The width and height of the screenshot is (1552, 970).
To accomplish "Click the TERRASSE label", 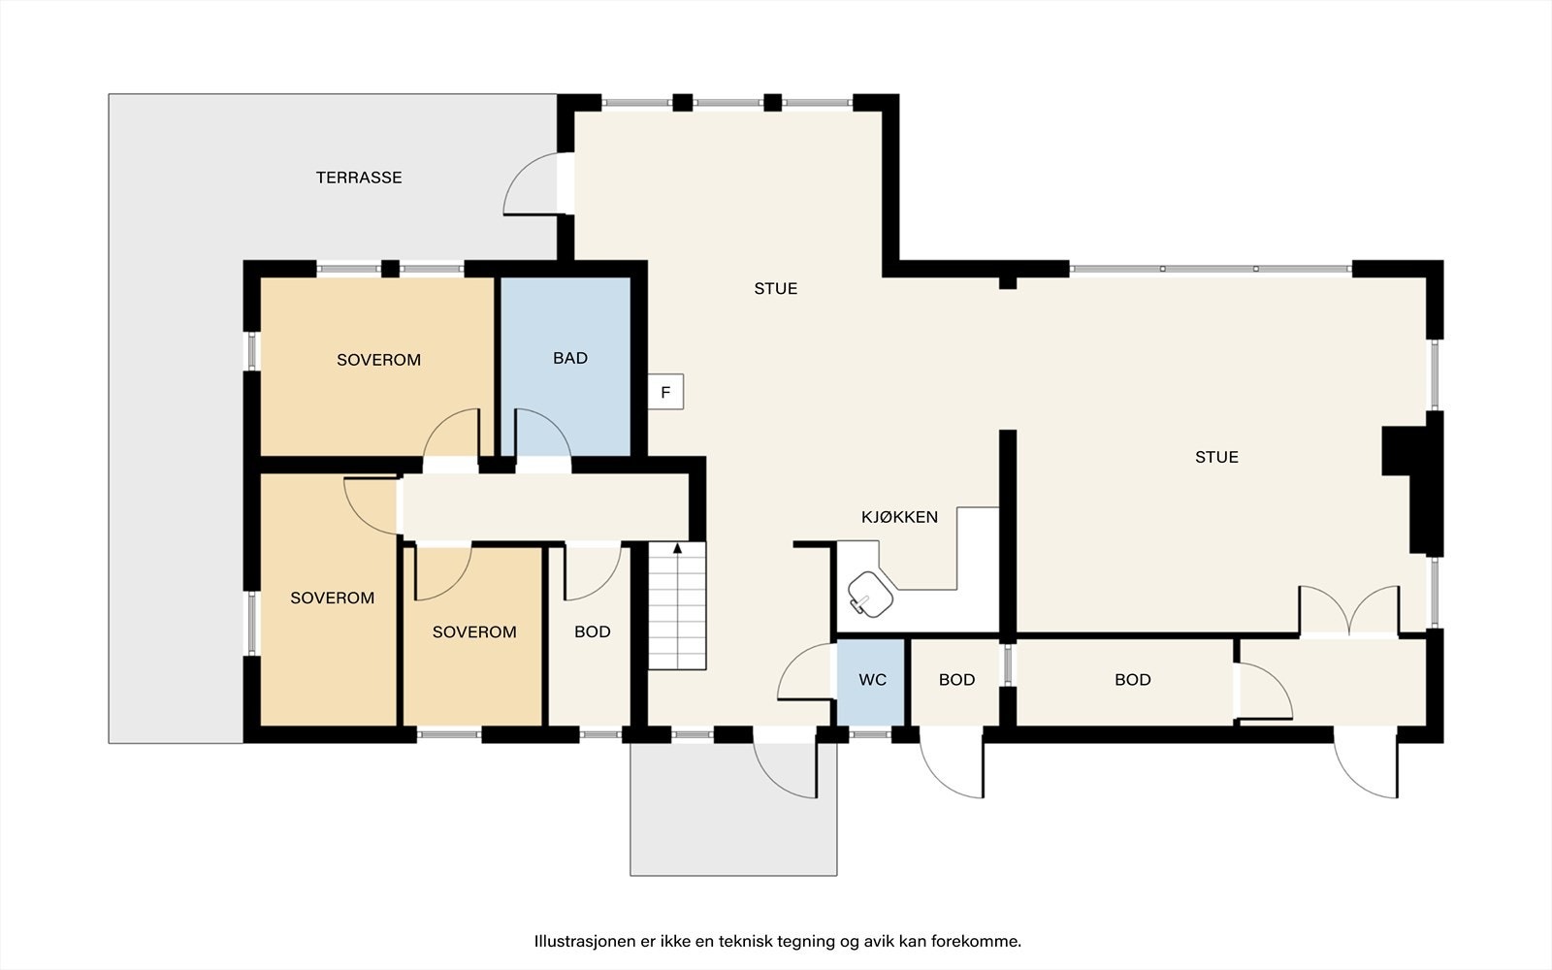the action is tap(359, 178).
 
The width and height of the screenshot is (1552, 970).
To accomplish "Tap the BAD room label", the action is tap(570, 358).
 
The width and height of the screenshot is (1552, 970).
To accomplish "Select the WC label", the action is tap(872, 680).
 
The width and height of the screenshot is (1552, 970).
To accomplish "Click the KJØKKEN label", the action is tap(899, 517).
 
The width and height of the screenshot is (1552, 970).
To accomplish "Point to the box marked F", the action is tap(665, 392).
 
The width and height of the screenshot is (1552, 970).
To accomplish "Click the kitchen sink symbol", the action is tap(870, 594).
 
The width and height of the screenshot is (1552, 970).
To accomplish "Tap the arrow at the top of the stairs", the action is tap(678, 549).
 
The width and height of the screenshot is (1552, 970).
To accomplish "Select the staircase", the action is tap(677, 606).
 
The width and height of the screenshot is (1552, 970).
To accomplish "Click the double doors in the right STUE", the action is tap(1348, 610).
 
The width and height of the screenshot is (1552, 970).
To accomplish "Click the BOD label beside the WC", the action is tap(956, 680).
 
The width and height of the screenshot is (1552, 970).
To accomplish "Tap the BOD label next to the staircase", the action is tap(593, 631).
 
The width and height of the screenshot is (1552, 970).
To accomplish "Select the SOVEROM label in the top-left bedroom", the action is tap(378, 360).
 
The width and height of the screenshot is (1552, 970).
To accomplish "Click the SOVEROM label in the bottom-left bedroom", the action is tap(332, 598).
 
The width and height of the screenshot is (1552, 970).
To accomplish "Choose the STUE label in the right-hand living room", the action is tap(1216, 457).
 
